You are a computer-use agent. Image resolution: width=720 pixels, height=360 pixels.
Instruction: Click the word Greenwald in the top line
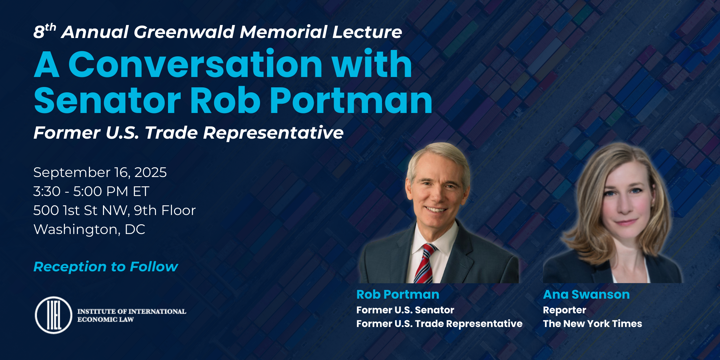tap(185, 32)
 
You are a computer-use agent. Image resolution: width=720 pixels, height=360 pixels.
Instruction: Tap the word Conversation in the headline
tap(195, 64)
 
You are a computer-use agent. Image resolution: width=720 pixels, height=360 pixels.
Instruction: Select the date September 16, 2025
tap(100, 173)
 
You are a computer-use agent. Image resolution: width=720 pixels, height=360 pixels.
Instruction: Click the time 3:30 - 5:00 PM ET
tap(91, 191)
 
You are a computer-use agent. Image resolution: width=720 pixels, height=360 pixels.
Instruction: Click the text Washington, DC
tap(89, 229)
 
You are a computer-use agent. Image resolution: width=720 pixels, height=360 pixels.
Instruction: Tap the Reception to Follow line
tap(106, 267)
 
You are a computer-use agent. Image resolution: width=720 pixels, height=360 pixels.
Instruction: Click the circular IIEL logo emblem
tap(54, 315)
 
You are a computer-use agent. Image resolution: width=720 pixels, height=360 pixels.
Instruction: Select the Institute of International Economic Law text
tap(132, 315)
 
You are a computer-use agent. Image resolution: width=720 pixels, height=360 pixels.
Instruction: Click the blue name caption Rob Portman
tap(398, 294)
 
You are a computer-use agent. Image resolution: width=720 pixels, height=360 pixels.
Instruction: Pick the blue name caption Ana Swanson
tap(586, 294)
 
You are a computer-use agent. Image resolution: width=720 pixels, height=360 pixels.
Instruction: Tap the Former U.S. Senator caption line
tap(405, 310)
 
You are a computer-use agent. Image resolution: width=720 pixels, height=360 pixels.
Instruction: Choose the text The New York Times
tap(592, 324)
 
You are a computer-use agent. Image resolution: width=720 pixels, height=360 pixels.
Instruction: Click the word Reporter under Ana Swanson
tap(564, 310)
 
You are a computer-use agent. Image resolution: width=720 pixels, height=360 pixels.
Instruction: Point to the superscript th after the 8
tap(50, 27)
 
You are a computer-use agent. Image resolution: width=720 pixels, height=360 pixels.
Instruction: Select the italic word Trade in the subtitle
tap(171, 133)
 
